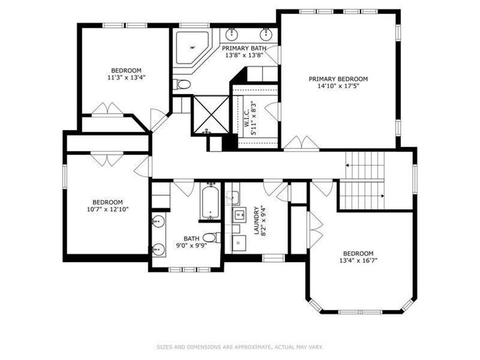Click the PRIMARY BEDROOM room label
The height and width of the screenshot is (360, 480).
(x=338, y=79)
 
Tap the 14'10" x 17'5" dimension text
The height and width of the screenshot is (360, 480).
(x=338, y=86)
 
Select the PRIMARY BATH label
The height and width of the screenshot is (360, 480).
(x=244, y=48)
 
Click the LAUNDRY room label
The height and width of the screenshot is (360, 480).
(x=256, y=220)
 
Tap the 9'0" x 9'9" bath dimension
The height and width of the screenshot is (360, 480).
(x=191, y=245)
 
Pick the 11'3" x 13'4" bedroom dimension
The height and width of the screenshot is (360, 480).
(x=126, y=78)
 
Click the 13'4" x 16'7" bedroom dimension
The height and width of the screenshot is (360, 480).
(x=358, y=261)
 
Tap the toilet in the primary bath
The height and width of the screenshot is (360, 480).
(x=182, y=84)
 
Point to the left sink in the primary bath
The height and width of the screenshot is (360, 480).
(x=232, y=34)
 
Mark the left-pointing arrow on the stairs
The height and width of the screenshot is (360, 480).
(x=348, y=165)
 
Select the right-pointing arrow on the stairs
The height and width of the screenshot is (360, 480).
(x=382, y=195)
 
